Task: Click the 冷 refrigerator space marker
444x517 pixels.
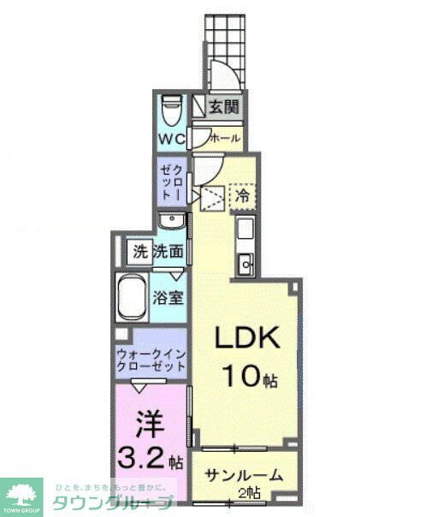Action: (x=243, y=195)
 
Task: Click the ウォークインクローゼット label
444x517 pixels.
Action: (x=151, y=358)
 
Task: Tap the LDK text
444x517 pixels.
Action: (x=248, y=340)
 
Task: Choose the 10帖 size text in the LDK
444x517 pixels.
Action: (x=249, y=374)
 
